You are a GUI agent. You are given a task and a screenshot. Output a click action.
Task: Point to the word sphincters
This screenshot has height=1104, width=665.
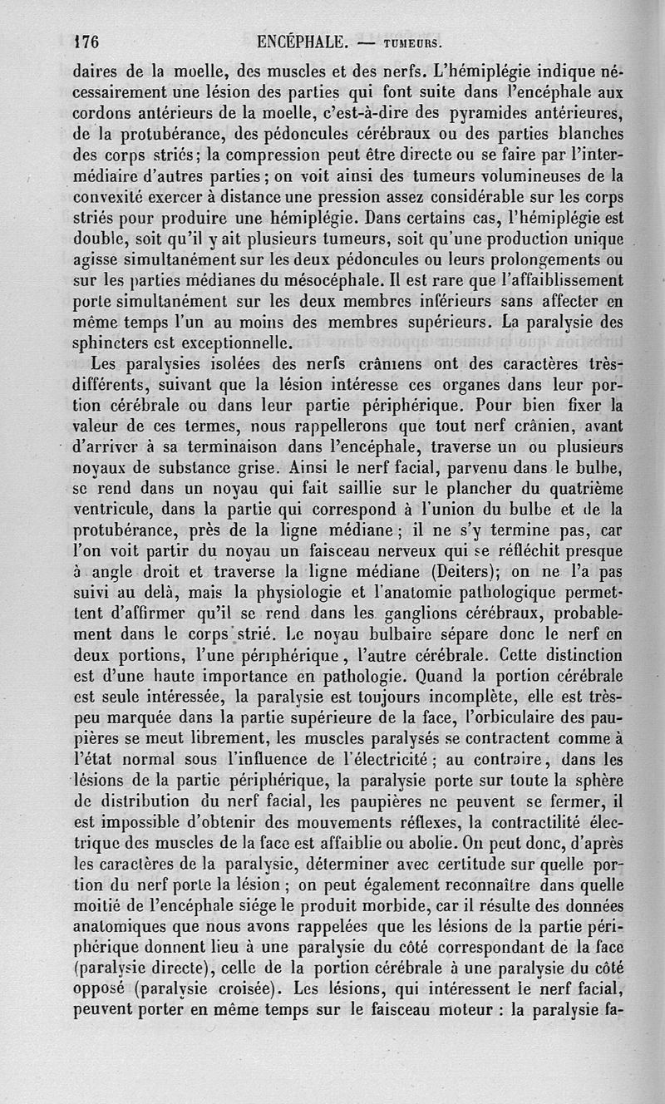(x=111, y=340)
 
